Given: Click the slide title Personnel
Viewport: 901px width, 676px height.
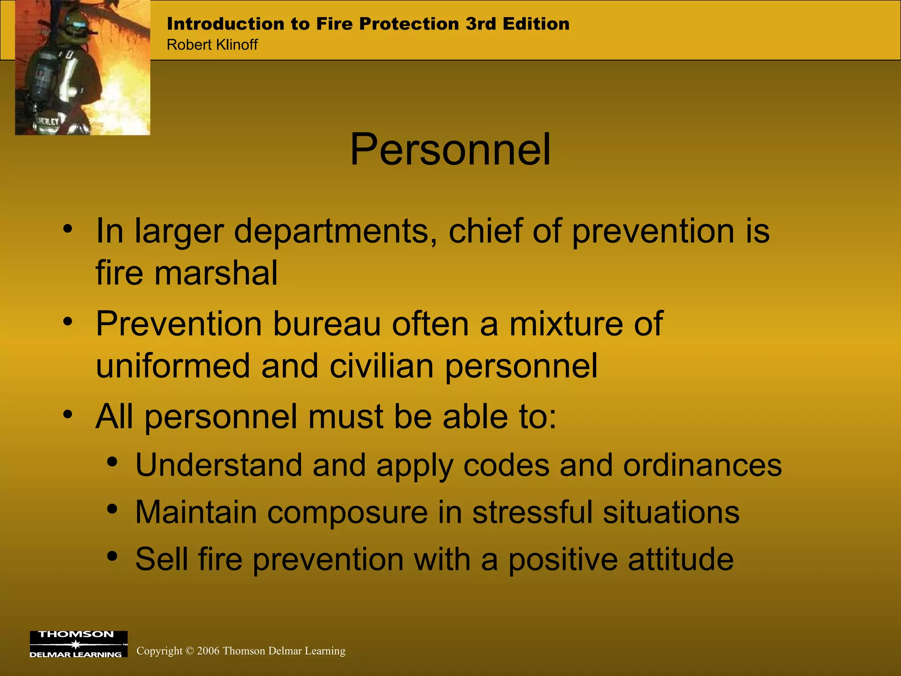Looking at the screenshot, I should (450, 150).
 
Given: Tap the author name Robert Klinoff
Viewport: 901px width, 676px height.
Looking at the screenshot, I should (212, 45).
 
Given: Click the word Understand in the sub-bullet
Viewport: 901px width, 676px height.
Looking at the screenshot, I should (219, 465).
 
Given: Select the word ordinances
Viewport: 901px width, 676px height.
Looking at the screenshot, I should (702, 465).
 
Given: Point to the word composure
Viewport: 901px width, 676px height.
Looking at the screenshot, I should (347, 513).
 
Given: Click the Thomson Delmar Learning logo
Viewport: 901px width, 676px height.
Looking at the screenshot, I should (78, 644).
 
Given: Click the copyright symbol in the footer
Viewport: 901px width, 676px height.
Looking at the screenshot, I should (190, 651).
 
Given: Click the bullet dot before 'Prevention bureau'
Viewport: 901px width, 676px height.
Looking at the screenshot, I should (67, 321).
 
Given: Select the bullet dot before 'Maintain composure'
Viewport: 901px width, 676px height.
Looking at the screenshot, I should (112, 509).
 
